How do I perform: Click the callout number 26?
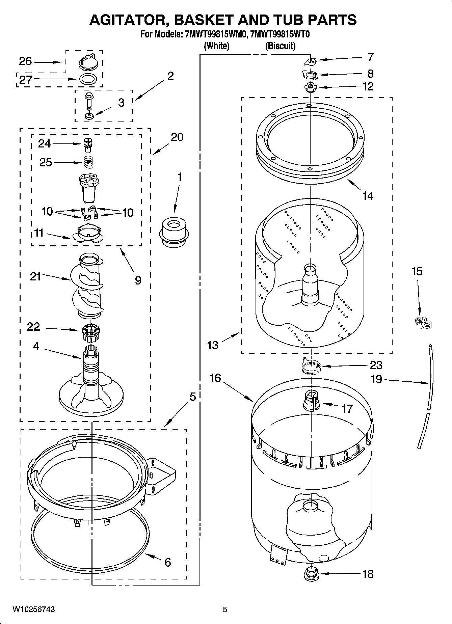pyautogui.click(x=25, y=61)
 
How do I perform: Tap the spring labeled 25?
pyautogui.click(x=88, y=162)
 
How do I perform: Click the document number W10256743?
pyautogui.click(x=34, y=609)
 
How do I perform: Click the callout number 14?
pyautogui.click(x=368, y=195)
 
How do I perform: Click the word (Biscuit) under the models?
pyautogui.click(x=280, y=46)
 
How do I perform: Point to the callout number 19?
pyautogui.click(x=376, y=379)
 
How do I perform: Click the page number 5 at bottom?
pyautogui.click(x=225, y=609)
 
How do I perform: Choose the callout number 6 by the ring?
pyautogui.click(x=168, y=562)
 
